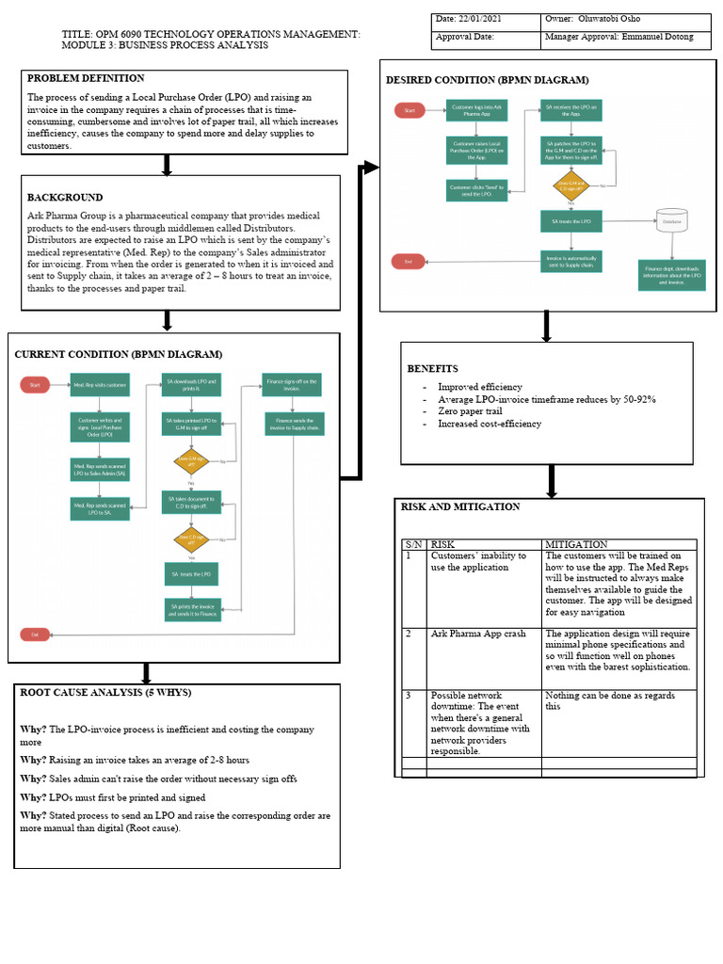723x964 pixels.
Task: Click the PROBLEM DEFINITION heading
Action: pyautogui.click(x=86, y=78)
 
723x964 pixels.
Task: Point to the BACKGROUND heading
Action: pyautogui.click(x=65, y=198)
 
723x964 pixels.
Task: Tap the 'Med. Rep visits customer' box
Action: pyautogui.click(x=100, y=384)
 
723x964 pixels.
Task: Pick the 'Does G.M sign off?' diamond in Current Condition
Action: pyautogui.click(x=192, y=462)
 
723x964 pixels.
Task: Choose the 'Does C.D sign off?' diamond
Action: pyautogui.click(x=192, y=540)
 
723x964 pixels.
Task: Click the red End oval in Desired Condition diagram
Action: pyautogui.click(x=409, y=261)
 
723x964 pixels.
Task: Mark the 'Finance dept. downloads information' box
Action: pyautogui.click(x=671, y=275)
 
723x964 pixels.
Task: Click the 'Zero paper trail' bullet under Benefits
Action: pyautogui.click(x=470, y=411)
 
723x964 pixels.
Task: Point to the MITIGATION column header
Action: pyautogui.click(x=576, y=544)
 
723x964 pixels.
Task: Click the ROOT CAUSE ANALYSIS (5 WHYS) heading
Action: pyautogui.click(x=105, y=693)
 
